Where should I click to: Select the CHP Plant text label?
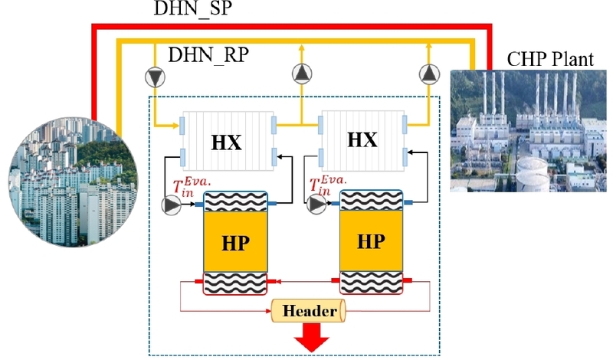[552, 58]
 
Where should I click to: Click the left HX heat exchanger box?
[228, 140]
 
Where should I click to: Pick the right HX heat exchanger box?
[363, 139]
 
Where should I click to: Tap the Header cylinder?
[309, 311]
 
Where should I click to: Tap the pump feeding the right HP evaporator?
[315, 205]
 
